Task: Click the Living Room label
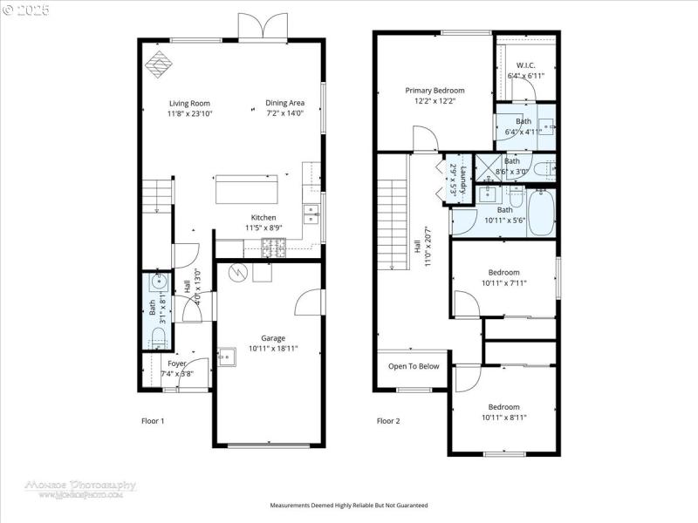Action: coord(189,103)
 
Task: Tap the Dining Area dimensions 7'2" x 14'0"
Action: coord(284,113)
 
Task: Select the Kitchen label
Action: coord(263,218)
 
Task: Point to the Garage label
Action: coord(273,338)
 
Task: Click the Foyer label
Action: coord(176,363)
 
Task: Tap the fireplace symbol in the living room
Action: coord(159,64)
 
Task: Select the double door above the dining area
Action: coord(262,28)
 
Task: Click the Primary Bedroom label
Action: coord(435,91)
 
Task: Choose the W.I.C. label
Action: coord(525,65)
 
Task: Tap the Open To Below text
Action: coord(414,366)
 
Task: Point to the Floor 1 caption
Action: coord(153,421)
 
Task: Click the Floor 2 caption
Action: coord(388,421)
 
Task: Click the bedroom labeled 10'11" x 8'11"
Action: coord(503,411)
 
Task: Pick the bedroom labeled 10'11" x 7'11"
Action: coord(503,277)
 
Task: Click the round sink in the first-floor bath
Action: coord(159,282)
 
